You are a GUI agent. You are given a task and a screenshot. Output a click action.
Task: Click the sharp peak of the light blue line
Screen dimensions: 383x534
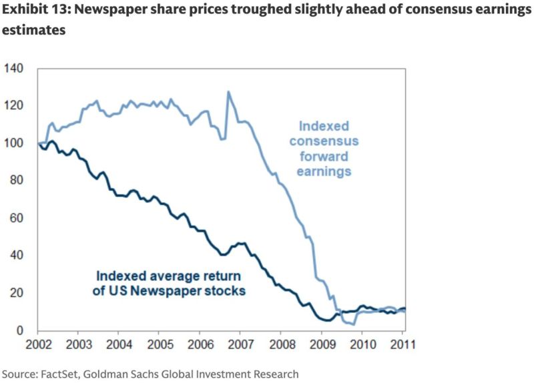click(x=228, y=92)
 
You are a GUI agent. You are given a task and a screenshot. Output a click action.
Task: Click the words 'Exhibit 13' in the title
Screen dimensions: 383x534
click(x=34, y=11)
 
